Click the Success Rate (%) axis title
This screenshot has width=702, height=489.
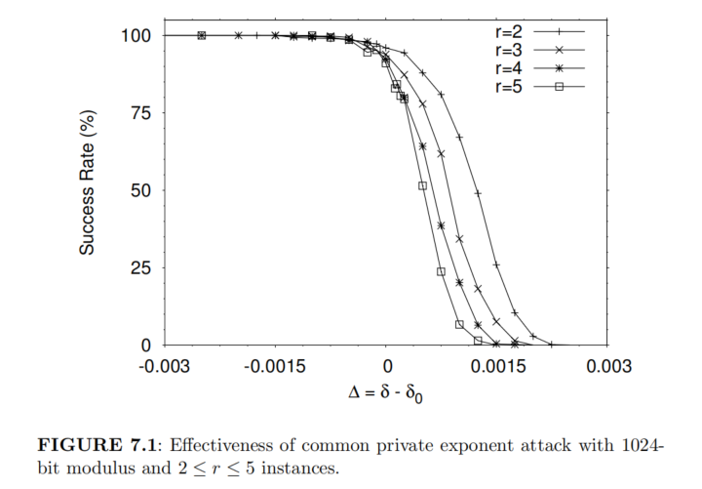pos(88,190)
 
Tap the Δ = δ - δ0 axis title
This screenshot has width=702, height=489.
pos(386,396)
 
